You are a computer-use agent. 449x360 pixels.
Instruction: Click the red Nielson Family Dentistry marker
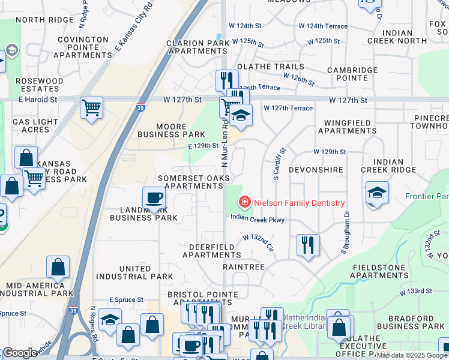pyautogui.click(x=245, y=203)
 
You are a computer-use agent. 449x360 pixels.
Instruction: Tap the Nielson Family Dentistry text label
pyautogui.click(x=299, y=203)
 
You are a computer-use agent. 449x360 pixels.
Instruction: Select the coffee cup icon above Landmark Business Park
pyautogui.click(x=154, y=198)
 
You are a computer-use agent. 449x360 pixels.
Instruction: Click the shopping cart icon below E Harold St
pyautogui.click(x=91, y=108)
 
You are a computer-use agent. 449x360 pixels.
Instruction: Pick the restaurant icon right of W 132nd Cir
pyautogui.click(x=308, y=244)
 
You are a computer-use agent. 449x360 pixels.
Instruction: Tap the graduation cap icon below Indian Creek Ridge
pyautogui.click(x=376, y=193)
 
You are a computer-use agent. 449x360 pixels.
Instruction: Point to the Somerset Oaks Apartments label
pyautogui.click(x=194, y=182)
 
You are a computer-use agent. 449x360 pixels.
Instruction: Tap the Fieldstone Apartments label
pyautogui.click(x=384, y=272)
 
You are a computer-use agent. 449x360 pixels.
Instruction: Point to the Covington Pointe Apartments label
pyautogui.click(x=83, y=47)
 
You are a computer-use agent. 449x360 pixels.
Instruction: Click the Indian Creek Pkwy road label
pyautogui.click(x=258, y=220)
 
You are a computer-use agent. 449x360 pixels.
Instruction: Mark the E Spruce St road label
pyautogui.click(x=126, y=299)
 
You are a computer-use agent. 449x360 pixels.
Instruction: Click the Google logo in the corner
pyautogui.click(x=20, y=353)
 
